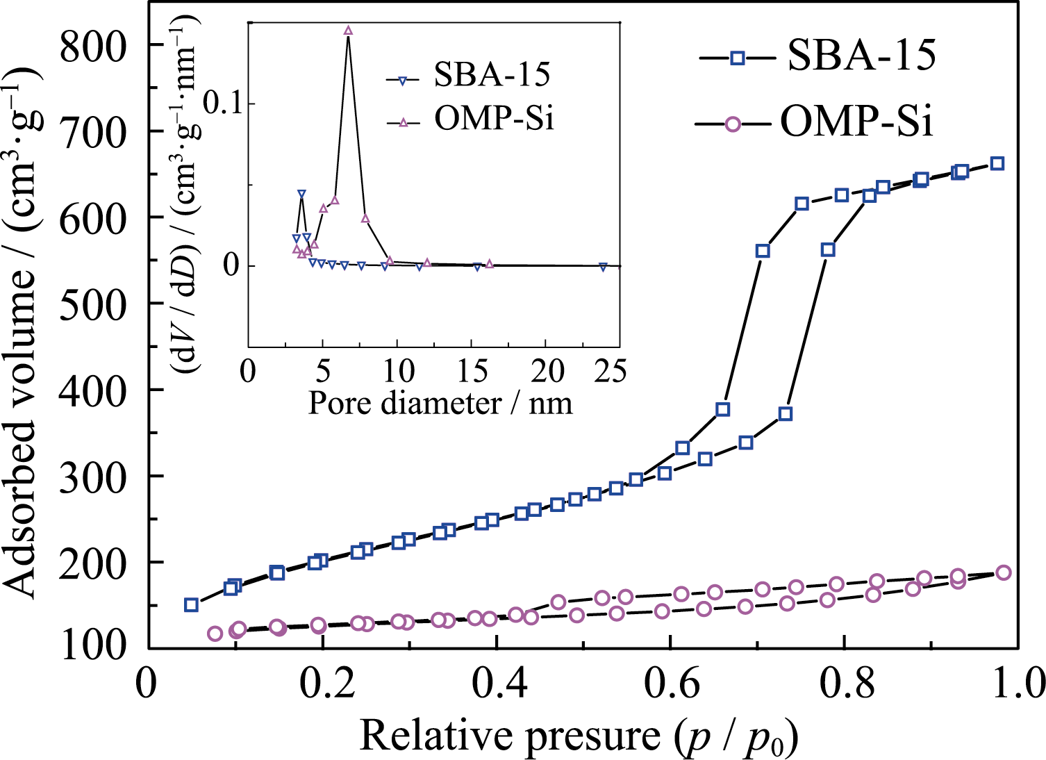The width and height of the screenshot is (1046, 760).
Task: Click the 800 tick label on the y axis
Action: pyautogui.click(x=94, y=46)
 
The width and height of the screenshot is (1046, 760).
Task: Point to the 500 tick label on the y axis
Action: pyautogui.click(x=94, y=304)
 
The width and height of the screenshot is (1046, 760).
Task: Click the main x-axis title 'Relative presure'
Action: pyautogui.click(x=578, y=735)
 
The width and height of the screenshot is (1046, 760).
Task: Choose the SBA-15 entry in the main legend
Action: pyautogui.click(x=861, y=56)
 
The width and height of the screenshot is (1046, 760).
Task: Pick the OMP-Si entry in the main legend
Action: pyautogui.click(x=856, y=122)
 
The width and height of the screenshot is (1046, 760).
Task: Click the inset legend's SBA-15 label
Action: pyautogui.click(x=492, y=74)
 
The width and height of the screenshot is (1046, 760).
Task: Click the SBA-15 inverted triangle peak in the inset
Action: pyautogui.click(x=301, y=195)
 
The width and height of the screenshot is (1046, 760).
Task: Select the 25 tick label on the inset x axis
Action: pyautogui.click(x=611, y=372)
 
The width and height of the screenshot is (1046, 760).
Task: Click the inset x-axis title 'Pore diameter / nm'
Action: pyautogui.click(x=440, y=403)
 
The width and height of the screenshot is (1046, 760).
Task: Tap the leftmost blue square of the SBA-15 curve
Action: pyautogui.click(x=191, y=604)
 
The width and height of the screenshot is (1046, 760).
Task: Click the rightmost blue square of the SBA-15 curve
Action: pyautogui.click(x=997, y=163)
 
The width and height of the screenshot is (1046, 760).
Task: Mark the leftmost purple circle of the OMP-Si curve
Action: pyautogui.click(x=215, y=633)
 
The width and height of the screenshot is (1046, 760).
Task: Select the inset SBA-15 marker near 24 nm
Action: pyautogui.click(x=603, y=267)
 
